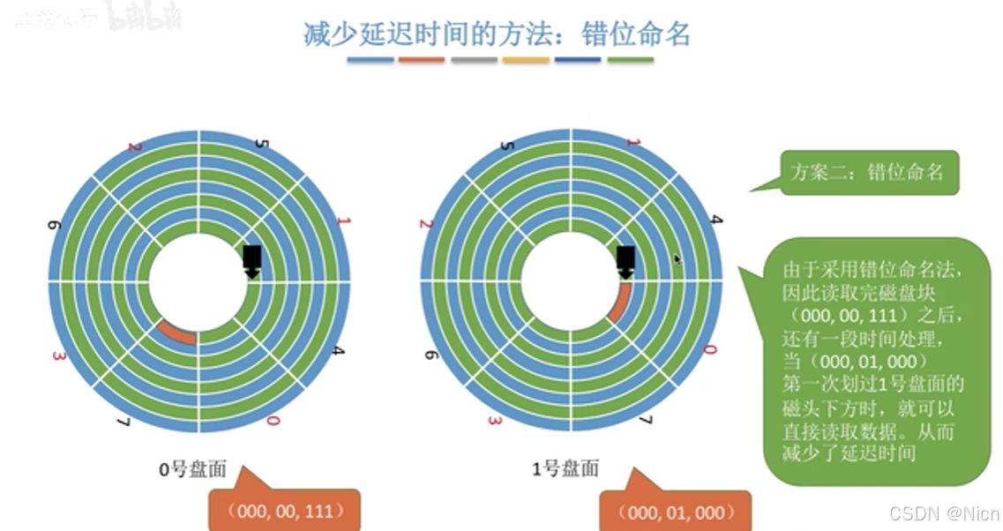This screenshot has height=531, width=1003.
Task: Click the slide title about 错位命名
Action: click(x=497, y=34)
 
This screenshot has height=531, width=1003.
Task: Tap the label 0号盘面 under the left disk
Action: click(x=192, y=469)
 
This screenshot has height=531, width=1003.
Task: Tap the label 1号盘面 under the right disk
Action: click(x=565, y=469)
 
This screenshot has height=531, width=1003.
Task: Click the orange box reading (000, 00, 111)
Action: click(x=284, y=511)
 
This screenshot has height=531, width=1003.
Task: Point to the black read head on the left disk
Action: click(x=252, y=259)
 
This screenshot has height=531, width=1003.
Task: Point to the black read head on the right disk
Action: click(x=625, y=259)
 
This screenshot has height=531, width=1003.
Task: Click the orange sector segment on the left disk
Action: click(x=176, y=333)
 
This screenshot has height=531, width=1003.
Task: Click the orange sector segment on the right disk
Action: click(x=618, y=304)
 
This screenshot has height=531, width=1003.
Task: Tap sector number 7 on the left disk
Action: click(x=123, y=423)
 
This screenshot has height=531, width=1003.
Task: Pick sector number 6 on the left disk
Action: click(x=54, y=227)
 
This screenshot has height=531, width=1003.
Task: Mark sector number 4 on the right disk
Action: click(x=716, y=218)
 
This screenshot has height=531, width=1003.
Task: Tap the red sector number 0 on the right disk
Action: click(x=709, y=350)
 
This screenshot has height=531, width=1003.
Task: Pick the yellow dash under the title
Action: click(x=526, y=60)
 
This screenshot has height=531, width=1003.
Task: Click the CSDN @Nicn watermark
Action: click(x=943, y=513)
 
